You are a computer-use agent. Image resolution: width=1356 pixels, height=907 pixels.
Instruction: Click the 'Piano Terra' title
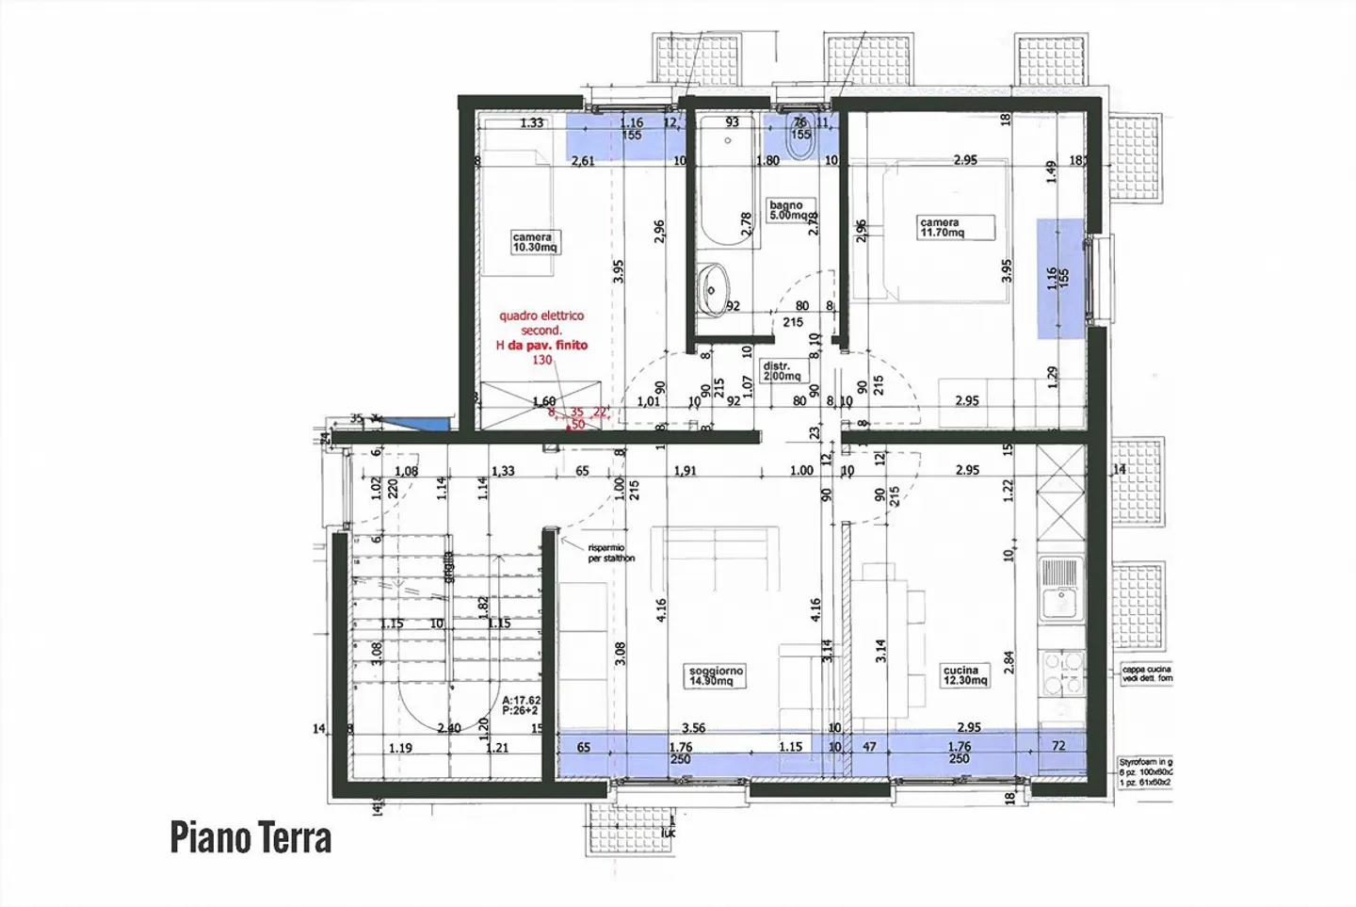click(250, 836)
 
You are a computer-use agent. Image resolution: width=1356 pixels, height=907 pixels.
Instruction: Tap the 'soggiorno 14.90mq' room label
click(717, 675)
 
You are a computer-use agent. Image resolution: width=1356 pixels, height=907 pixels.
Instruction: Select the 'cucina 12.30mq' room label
click(965, 675)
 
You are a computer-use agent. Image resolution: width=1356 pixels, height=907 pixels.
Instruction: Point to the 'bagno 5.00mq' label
click(786, 210)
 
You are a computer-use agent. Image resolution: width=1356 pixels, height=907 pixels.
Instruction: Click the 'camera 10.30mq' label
click(533, 242)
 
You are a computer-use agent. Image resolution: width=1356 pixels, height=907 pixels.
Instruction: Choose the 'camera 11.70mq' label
click(940, 228)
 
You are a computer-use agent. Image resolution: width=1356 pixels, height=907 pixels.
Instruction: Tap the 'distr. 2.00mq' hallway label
click(781, 371)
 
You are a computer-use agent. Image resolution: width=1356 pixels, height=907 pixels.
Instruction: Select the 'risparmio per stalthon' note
click(611, 553)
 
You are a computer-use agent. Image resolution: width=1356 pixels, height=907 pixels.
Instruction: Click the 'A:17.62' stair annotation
click(521, 701)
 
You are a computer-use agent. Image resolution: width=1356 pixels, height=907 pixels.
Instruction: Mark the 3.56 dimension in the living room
click(693, 728)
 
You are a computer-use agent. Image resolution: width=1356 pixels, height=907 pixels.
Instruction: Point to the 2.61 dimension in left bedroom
click(584, 161)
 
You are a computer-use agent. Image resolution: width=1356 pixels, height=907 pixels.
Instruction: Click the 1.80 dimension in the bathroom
click(767, 161)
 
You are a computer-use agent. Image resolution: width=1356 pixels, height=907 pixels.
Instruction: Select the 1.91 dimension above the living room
click(685, 471)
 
